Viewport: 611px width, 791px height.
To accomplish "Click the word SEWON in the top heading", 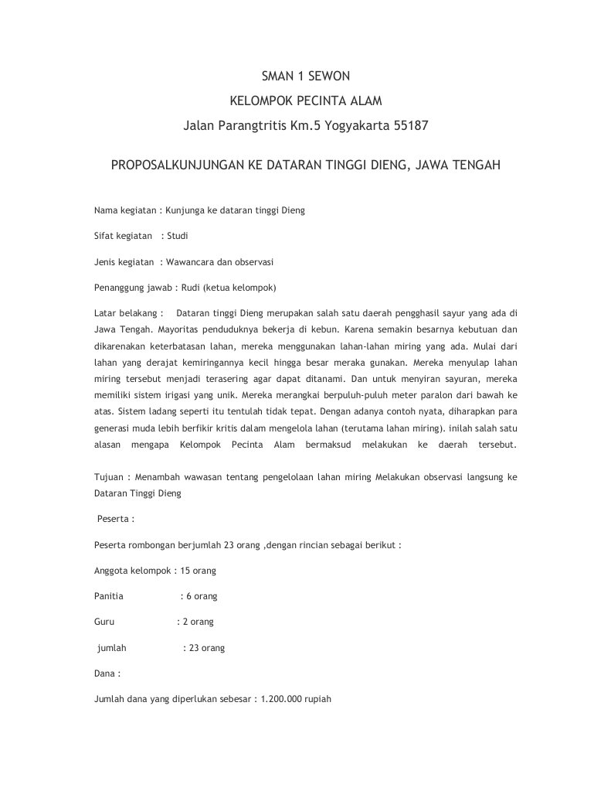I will click(x=331, y=77).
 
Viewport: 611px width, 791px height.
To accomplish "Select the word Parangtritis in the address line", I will click(x=252, y=124).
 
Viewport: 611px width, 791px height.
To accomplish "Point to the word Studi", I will click(x=178, y=236).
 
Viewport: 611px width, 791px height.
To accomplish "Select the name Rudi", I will click(x=191, y=288).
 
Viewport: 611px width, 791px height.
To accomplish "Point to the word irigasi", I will click(x=182, y=395).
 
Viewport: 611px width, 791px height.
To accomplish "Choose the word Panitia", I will click(x=108, y=596).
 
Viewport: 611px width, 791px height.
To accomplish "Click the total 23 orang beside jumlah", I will click(x=206, y=648).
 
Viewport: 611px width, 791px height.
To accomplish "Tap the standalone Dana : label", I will click(x=107, y=673).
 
